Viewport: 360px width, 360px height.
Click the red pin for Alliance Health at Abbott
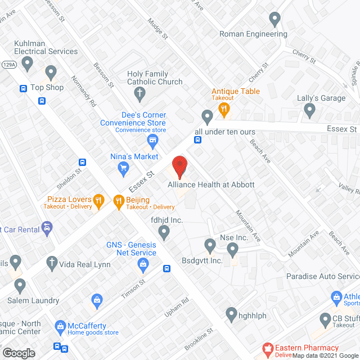[179, 166]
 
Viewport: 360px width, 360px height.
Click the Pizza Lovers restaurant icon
[98, 200]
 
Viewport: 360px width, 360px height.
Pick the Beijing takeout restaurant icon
[118, 200]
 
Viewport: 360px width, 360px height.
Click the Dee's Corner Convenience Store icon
[151, 139]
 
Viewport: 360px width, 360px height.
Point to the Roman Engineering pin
[274, 19]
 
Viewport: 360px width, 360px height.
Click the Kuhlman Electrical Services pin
[51, 72]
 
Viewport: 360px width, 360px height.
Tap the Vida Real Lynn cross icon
[51, 263]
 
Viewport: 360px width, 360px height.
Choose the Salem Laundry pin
[21, 285]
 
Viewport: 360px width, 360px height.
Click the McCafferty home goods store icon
[61, 326]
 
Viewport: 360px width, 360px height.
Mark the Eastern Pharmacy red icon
[268, 350]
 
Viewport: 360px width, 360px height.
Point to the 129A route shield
[8, 65]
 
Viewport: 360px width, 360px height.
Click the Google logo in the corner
[18, 353]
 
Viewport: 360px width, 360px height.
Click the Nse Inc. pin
[210, 245]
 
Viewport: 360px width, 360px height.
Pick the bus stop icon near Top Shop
[24, 88]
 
